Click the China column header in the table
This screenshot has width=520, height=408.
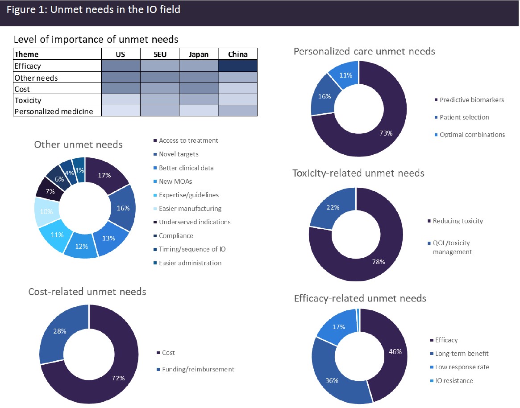[238, 54]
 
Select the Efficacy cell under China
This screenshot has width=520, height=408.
[238, 66]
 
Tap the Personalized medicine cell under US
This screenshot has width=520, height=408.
[121, 111]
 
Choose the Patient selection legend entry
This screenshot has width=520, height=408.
[464, 117]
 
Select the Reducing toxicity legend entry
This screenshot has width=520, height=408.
[458, 221]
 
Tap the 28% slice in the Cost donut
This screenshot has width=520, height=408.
[60, 331]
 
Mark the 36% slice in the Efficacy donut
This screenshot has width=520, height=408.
[332, 380]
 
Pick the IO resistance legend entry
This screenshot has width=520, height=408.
[454, 381]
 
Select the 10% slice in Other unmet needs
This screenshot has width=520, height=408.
[47, 211]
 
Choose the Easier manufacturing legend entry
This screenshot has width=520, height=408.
[190, 209]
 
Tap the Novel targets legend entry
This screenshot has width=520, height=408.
[179, 154]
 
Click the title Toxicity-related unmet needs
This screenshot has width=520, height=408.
[358, 173]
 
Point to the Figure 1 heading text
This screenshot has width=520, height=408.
[93, 9]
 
